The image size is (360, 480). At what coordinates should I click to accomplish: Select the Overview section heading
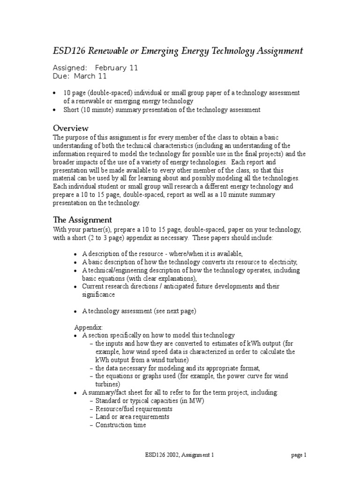point(71,128)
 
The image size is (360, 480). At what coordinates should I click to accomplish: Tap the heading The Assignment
point(82,219)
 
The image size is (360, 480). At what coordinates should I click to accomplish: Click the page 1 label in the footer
point(299,455)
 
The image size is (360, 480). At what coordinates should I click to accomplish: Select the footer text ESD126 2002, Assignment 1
point(180,455)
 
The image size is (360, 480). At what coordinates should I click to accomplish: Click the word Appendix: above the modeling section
point(89,327)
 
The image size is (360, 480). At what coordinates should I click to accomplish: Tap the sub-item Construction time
point(120,425)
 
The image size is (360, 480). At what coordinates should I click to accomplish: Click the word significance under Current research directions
point(98,294)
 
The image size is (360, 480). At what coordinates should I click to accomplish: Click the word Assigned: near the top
point(70,68)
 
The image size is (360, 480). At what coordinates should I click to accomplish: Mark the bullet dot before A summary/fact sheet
point(76,392)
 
